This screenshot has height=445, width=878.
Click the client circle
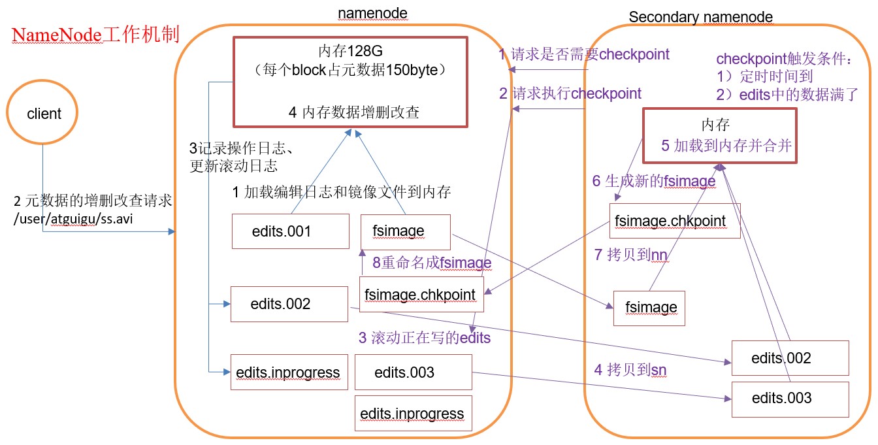[x=43, y=114]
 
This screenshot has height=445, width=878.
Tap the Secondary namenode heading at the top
[x=700, y=17]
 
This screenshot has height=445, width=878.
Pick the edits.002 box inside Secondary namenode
[x=790, y=357]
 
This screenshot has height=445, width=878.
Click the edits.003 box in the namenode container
[x=413, y=372]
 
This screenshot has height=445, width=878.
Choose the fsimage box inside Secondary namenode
[x=649, y=307]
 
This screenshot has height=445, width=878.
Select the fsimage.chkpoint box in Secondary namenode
[x=675, y=220]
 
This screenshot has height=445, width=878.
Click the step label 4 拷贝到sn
[x=630, y=371]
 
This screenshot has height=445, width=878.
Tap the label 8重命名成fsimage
[x=432, y=263]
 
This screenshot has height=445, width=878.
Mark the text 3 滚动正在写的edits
[x=424, y=338]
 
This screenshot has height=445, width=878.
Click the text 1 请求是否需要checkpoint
[x=584, y=54]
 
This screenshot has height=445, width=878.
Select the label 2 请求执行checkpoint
[x=570, y=93]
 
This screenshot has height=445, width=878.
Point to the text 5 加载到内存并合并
[x=726, y=146]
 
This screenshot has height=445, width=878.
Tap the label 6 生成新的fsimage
[x=653, y=181]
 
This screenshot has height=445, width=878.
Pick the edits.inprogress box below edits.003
[x=412, y=414]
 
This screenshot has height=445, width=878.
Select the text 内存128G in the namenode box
[x=350, y=51]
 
